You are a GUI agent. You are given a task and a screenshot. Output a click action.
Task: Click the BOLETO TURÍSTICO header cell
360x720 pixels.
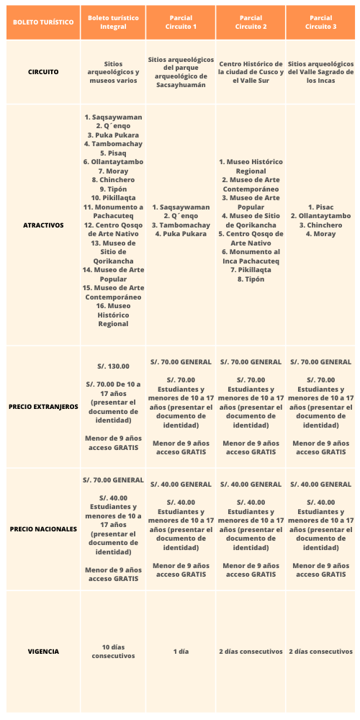(x=42, y=22)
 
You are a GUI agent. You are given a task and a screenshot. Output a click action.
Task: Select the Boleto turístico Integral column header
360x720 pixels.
(x=112, y=22)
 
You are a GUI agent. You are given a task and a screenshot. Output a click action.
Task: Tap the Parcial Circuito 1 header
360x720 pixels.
(x=181, y=22)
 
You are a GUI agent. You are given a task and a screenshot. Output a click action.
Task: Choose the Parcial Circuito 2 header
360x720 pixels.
(x=251, y=22)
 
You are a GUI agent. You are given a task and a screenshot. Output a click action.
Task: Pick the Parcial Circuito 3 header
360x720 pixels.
(x=321, y=22)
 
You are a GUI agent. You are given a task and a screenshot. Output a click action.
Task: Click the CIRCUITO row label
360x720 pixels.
(x=42, y=72)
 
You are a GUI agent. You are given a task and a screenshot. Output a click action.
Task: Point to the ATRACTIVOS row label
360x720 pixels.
(x=42, y=225)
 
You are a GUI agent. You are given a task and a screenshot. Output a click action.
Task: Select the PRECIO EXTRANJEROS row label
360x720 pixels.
(x=42, y=407)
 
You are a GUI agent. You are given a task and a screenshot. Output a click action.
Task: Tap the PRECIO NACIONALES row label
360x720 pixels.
(x=42, y=529)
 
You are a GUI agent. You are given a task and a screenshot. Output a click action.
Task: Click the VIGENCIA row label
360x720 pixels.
(x=42, y=652)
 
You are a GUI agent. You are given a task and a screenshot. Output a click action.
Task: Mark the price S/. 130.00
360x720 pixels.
(x=113, y=366)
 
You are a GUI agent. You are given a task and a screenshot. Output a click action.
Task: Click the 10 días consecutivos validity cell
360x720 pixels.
(x=113, y=652)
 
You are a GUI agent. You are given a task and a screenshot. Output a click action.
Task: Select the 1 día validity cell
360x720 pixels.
(x=181, y=652)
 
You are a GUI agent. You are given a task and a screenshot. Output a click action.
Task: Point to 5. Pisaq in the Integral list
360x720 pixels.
(x=113, y=153)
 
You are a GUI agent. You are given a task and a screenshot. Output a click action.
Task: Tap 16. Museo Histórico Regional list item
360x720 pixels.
(x=113, y=315)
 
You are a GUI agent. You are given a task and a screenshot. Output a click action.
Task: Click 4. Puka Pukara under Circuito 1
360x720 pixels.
(x=181, y=234)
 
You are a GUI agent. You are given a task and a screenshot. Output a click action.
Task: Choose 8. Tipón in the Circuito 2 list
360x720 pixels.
(x=251, y=279)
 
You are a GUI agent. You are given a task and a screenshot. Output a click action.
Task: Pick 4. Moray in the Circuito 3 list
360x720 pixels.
(x=321, y=234)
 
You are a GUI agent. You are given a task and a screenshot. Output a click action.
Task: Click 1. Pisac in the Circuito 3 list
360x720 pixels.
(x=321, y=207)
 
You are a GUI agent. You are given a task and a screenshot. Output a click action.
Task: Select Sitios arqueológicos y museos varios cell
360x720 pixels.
(x=113, y=72)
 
